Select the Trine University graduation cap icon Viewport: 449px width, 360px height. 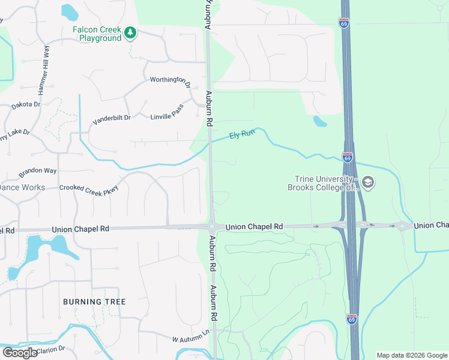pos(368,182)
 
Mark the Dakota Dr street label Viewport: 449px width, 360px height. pos(26,105)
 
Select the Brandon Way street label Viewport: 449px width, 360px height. pos(37,172)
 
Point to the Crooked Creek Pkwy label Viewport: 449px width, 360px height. pos(89,188)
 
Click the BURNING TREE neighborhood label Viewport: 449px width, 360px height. pos(94,301)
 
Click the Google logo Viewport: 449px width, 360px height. pos(19,353)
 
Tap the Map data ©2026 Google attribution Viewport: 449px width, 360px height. pos(412,355)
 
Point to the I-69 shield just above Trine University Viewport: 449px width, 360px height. pos(348,157)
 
